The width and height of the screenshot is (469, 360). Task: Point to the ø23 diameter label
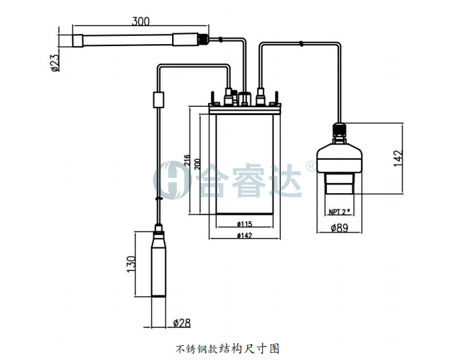click(55, 63)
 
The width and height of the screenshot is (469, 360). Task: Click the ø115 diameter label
click(245, 223)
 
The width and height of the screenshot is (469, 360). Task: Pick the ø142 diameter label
click(245, 235)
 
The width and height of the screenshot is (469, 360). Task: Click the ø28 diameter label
click(182, 322)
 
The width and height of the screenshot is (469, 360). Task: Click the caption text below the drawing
click(228, 348)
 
